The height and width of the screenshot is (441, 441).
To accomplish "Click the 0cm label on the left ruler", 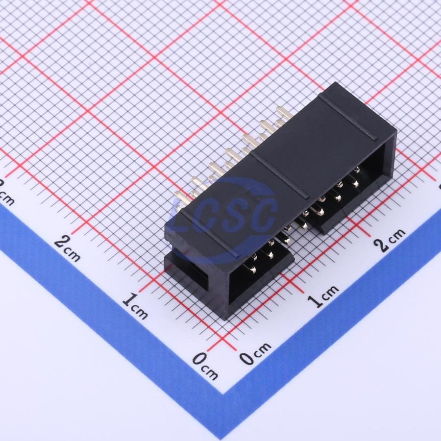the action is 205,366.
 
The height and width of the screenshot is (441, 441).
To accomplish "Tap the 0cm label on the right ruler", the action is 255,353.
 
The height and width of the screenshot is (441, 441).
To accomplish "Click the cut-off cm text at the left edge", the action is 6,195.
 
